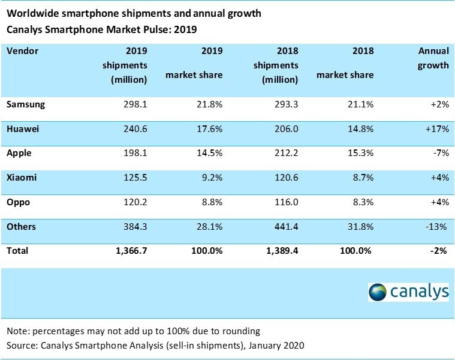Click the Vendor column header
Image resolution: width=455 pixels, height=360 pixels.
[x=22, y=51]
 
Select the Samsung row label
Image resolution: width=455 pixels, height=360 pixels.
[x=26, y=104]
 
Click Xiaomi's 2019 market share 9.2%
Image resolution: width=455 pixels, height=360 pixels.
[x=212, y=178]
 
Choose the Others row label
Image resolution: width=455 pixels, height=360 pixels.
[x=21, y=227]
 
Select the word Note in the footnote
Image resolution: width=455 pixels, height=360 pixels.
[x=17, y=331]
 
